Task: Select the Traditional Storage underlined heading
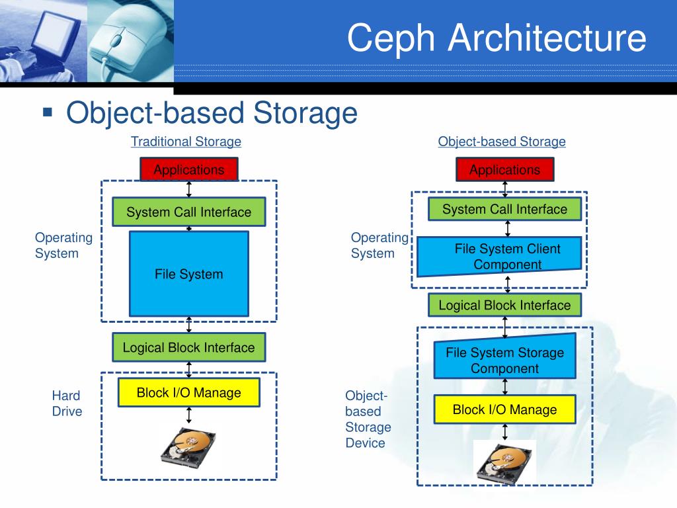click(186, 142)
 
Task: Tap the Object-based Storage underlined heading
click(502, 142)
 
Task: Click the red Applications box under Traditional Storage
click(189, 170)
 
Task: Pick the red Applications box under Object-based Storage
click(504, 170)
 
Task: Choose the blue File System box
click(189, 274)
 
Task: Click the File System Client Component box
click(500, 257)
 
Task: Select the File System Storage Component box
click(505, 360)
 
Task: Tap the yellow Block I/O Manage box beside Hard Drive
click(188, 393)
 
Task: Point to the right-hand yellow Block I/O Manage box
click(504, 409)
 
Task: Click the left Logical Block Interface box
click(189, 347)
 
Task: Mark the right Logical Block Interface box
click(504, 305)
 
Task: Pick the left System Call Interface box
click(189, 212)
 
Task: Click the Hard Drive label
click(67, 403)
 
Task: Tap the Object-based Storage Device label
click(368, 419)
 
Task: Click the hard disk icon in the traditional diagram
click(188, 447)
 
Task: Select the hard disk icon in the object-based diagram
click(504, 462)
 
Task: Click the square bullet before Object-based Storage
click(47, 112)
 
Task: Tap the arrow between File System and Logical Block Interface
click(189, 324)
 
